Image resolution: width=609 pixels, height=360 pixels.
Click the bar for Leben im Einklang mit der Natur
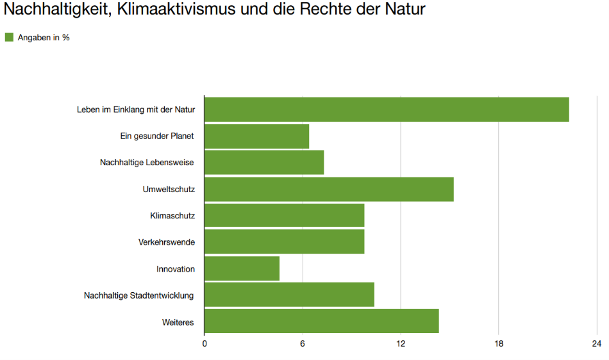tap(387, 110)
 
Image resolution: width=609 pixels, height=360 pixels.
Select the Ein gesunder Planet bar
tap(256, 136)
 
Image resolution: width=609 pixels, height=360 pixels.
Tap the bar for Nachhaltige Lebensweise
tap(264, 162)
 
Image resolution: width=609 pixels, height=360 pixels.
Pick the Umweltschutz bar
tap(329, 189)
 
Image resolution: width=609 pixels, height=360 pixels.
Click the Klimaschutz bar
tap(284, 215)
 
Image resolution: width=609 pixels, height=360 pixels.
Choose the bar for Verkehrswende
tap(284, 241)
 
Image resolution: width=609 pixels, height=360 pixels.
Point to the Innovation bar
tap(242, 268)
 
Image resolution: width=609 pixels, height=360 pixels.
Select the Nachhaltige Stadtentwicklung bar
tap(289, 295)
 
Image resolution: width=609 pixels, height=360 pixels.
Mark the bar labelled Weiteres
tap(321, 321)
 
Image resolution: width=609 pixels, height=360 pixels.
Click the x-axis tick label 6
tap(303, 345)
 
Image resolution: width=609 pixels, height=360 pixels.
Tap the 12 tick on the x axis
tap(401, 345)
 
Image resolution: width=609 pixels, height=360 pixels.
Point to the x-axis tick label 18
tap(499, 345)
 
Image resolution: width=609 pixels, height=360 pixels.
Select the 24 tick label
tap(597, 345)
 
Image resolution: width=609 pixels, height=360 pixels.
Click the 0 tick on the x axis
tap(204, 345)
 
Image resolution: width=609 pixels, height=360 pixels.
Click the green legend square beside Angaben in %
tap(9, 37)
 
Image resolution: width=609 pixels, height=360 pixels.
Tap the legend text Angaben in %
tap(44, 38)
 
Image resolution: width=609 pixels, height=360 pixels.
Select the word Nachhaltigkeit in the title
tap(53, 11)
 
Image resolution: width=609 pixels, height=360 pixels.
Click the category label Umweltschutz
tap(169, 189)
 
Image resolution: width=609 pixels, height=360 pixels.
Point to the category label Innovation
tap(176, 269)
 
